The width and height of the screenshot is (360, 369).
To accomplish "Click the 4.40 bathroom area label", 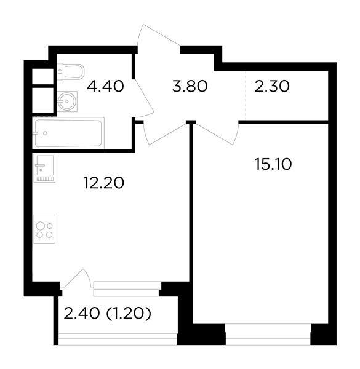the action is [105, 86].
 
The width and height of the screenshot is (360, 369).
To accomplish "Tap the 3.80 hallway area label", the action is [190, 86].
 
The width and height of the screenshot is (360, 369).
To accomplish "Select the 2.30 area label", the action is [272, 86].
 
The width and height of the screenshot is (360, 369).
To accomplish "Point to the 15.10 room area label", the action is [273, 164].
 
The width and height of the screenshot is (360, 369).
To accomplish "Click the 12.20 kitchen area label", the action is [103, 183].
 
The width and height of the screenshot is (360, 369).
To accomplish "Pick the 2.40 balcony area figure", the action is [82, 314].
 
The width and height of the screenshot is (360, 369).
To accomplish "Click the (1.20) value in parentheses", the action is [129, 314].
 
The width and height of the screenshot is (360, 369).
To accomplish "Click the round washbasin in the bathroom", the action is [67, 101].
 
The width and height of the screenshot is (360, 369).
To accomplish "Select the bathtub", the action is [68, 133].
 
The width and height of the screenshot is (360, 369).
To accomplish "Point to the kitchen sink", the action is [44, 168].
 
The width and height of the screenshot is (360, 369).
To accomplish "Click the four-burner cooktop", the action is [44, 229].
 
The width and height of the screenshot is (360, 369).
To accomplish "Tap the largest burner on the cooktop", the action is [40, 226].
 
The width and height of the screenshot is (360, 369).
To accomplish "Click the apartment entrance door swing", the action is [159, 35].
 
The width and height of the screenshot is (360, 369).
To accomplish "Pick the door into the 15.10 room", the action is [217, 133].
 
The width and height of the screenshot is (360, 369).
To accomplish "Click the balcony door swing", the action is [77, 278].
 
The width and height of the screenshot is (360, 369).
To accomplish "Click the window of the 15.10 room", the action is [268, 334].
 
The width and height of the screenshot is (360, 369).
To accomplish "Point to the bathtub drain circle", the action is [45, 133].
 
